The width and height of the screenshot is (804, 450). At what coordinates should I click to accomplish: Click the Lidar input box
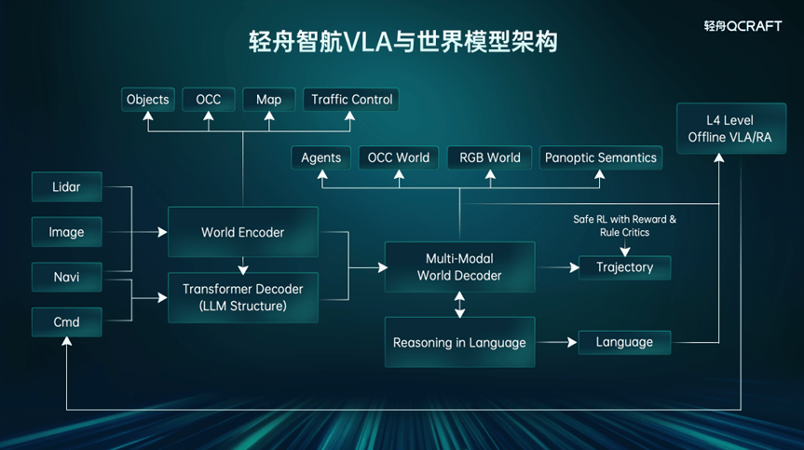click(x=66, y=187)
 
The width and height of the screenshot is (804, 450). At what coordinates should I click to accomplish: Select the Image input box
click(x=66, y=232)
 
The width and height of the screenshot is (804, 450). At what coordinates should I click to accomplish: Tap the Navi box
click(x=66, y=277)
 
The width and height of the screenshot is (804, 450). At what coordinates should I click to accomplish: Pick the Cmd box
click(x=66, y=322)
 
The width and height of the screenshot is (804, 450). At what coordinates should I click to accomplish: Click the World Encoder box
click(x=242, y=232)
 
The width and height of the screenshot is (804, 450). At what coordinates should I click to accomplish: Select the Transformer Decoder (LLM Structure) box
click(x=242, y=297)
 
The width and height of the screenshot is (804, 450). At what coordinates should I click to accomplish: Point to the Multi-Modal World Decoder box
click(x=459, y=267)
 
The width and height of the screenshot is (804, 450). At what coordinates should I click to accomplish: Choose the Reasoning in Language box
click(x=459, y=342)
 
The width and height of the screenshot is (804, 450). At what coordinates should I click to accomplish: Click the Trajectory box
click(x=624, y=267)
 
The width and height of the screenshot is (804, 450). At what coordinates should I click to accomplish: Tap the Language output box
click(x=624, y=342)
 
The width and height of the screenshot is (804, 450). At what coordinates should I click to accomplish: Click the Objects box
click(x=148, y=100)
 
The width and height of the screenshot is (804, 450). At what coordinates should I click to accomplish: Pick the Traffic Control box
click(x=352, y=100)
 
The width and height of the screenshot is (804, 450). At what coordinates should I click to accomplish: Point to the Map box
click(x=268, y=100)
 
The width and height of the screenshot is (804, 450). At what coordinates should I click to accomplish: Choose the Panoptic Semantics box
click(x=601, y=157)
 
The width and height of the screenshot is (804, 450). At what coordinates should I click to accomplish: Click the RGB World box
click(x=490, y=157)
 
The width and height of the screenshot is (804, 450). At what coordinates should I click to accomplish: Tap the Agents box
click(x=320, y=157)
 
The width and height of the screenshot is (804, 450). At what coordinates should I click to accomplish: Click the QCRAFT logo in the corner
click(x=743, y=26)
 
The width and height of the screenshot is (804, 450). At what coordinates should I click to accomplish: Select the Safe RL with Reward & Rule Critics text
click(x=624, y=225)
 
